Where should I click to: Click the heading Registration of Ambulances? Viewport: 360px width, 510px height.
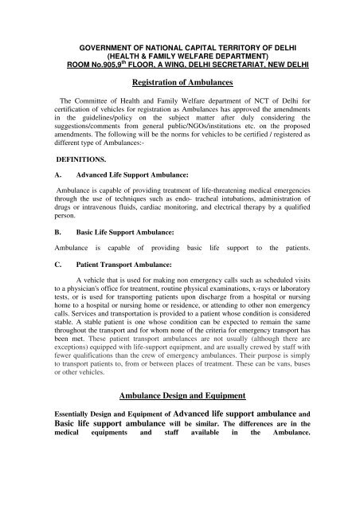point(179,80)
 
